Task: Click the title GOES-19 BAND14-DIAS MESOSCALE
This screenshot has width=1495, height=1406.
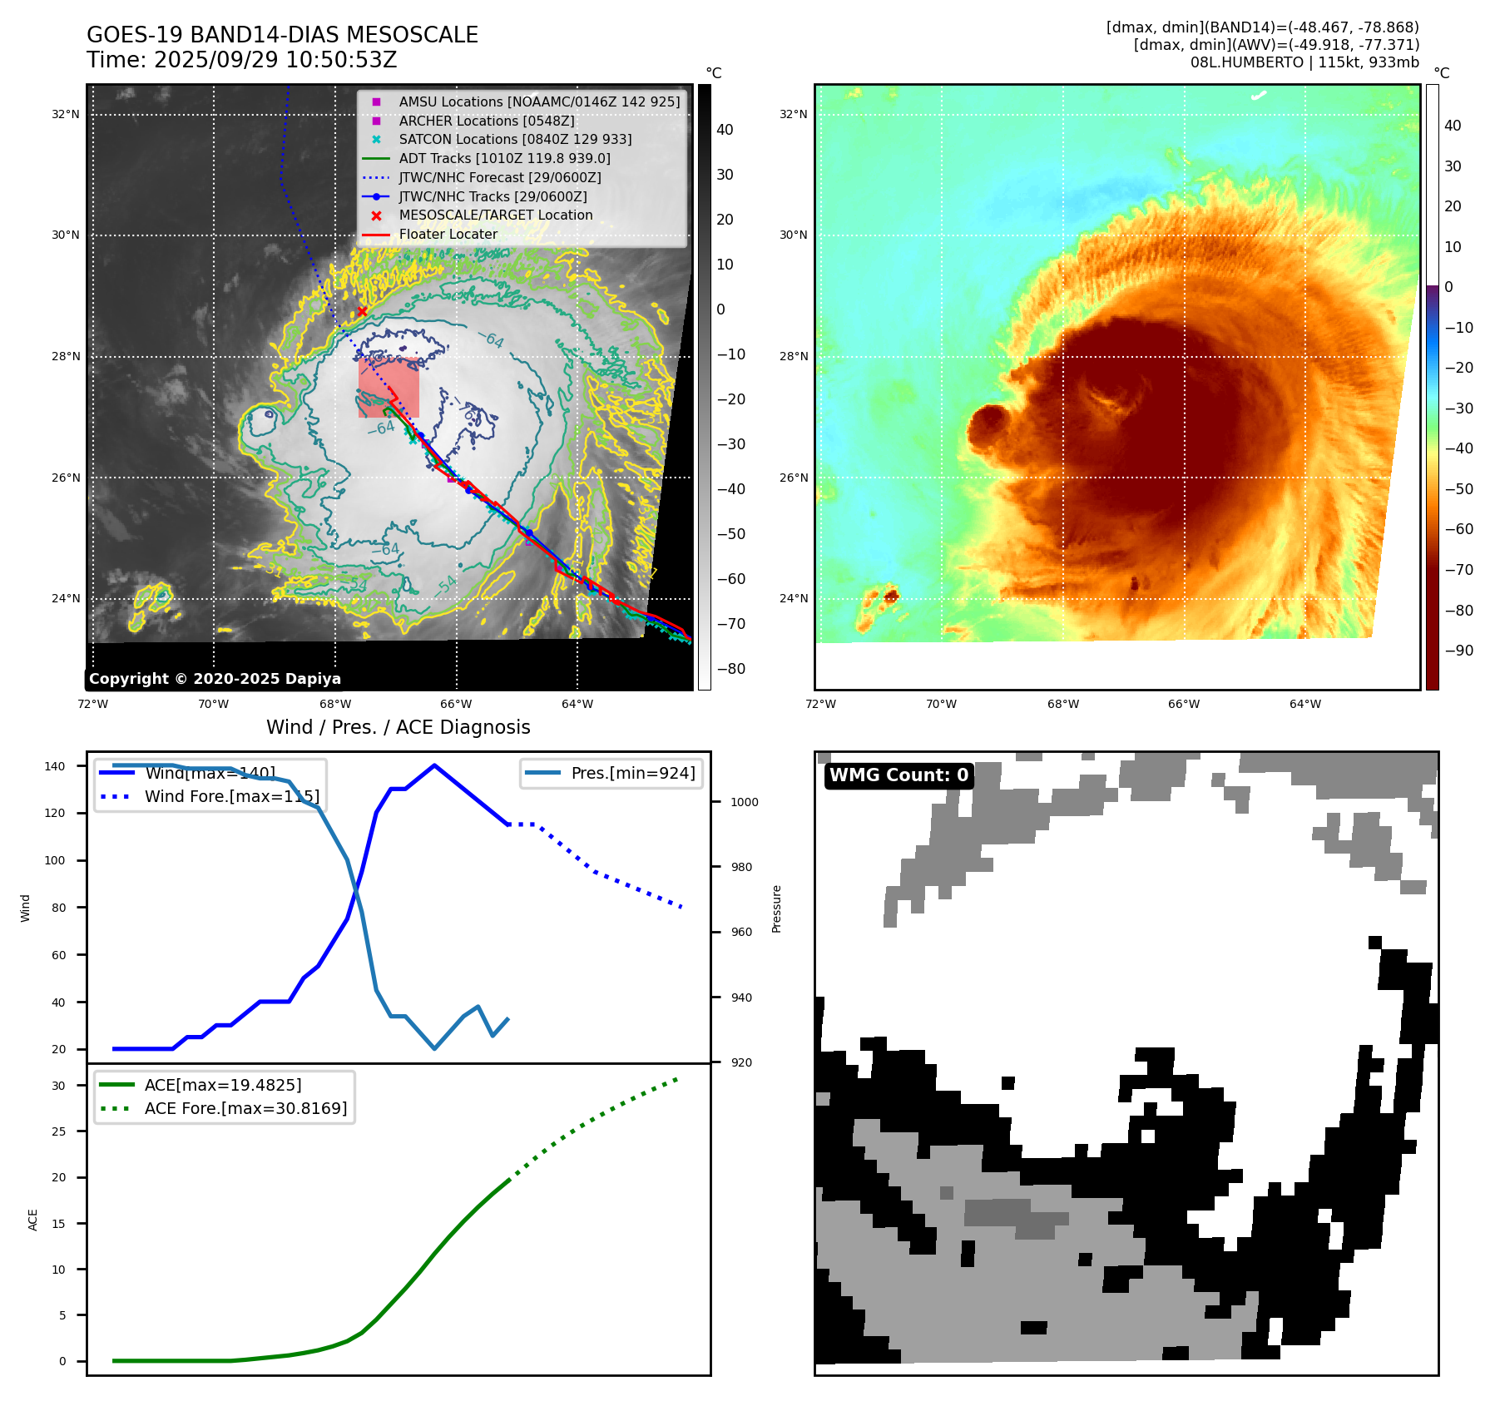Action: (x=282, y=35)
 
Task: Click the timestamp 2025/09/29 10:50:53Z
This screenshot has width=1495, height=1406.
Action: (x=275, y=61)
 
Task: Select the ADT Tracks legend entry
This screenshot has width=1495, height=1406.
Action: (x=504, y=158)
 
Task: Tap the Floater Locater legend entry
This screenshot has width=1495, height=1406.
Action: (x=448, y=234)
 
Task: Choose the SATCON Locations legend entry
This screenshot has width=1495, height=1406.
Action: (x=515, y=139)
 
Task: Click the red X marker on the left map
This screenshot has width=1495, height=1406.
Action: (x=362, y=312)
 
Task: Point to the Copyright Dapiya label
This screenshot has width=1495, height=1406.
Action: (x=215, y=679)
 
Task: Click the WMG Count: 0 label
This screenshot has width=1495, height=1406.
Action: (x=898, y=775)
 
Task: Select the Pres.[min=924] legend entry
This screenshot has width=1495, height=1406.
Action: (x=632, y=773)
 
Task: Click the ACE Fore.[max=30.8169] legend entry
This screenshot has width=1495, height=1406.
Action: (x=245, y=1108)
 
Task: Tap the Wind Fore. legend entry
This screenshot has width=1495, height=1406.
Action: (x=231, y=796)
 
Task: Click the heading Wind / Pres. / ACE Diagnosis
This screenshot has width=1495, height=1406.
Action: (x=398, y=727)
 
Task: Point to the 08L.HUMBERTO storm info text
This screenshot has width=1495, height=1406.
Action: (x=1304, y=62)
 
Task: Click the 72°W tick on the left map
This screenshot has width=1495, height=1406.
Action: (x=92, y=704)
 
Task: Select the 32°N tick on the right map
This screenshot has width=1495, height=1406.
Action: (x=793, y=114)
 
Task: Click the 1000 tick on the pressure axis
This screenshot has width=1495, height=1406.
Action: (x=744, y=802)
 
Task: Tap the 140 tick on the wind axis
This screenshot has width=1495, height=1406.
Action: (x=55, y=766)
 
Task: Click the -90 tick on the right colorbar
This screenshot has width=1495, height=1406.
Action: (x=1458, y=651)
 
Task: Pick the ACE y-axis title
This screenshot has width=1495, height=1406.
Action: (x=33, y=1220)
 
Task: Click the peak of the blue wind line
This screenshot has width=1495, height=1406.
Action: (x=434, y=765)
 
